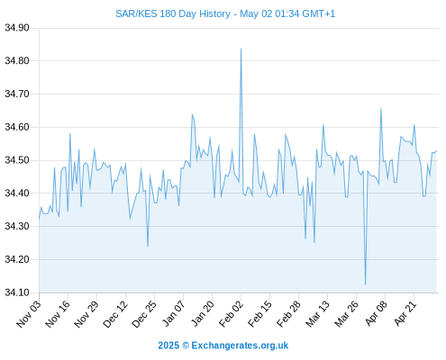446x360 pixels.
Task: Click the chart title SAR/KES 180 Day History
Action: click(173, 13)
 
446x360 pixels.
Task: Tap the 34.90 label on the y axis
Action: click(17, 28)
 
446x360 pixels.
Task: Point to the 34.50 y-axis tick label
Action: click(17, 160)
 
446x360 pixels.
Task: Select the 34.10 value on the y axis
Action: click(17, 292)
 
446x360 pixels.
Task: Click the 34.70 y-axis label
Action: click(17, 94)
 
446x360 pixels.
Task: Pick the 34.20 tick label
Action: click(17, 259)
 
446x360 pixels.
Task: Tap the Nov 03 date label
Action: click(29, 314)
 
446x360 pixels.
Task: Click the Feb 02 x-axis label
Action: click(232, 314)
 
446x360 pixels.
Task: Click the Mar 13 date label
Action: click(318, 314)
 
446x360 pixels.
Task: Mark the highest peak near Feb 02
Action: click(241, 49)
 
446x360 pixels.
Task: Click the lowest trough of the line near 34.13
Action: click(365, 284)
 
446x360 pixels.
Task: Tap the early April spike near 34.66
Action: click(381, 109)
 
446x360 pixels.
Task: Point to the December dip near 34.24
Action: click(148, 247)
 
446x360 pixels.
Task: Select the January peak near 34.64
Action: click(192, 114)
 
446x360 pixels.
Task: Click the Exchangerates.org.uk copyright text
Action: click(223, 346)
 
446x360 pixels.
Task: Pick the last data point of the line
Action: click(436, 150)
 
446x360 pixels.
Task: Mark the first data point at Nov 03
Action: click(39, 219)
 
